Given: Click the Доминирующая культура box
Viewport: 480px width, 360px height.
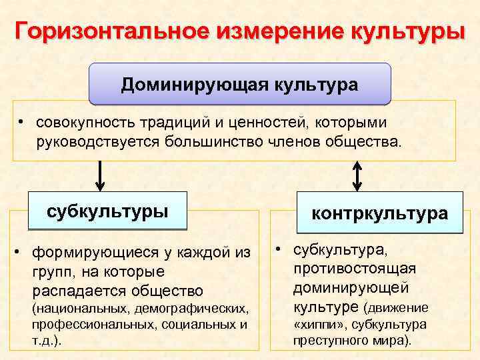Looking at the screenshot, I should coord(239,85).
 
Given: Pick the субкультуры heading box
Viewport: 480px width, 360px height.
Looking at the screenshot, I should coord(107,211).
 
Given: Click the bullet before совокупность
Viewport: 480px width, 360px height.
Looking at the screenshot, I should coord(22,123).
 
